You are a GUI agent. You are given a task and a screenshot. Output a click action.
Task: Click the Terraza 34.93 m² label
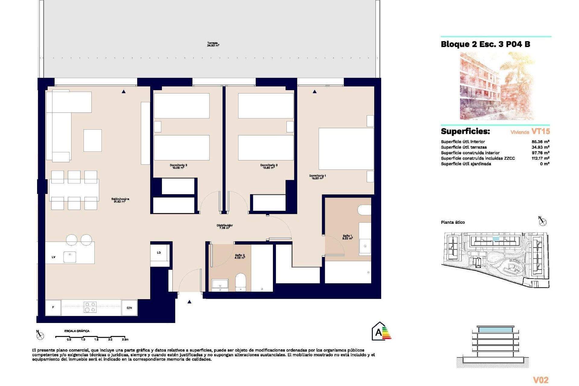213,44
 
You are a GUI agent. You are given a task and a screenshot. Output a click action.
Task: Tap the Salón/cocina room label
120,200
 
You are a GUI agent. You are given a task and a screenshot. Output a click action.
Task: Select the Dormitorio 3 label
178,166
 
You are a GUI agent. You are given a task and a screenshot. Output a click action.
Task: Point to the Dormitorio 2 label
269,166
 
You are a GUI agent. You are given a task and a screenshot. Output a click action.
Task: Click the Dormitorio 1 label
317,177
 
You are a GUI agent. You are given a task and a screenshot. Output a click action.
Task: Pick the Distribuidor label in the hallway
225,226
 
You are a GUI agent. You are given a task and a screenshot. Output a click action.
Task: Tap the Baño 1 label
347,237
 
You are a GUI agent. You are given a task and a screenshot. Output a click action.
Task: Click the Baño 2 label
240,256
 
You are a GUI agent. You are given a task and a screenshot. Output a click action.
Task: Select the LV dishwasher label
54,257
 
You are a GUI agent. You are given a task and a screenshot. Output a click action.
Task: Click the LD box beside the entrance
159,253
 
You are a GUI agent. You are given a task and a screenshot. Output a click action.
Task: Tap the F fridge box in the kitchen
53,307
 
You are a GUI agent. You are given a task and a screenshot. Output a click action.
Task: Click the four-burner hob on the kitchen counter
90,307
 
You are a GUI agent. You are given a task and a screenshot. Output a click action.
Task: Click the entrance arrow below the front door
189,302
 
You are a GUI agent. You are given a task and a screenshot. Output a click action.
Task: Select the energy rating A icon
381,331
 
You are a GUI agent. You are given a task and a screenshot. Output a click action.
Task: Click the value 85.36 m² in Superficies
540,142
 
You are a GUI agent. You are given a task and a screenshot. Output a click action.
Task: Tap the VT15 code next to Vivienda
540,131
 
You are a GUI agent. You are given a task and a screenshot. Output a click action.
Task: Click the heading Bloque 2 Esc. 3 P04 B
485,44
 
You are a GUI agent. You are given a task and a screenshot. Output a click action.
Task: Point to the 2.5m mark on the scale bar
125,339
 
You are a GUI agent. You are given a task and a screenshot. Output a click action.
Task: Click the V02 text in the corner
540,380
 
